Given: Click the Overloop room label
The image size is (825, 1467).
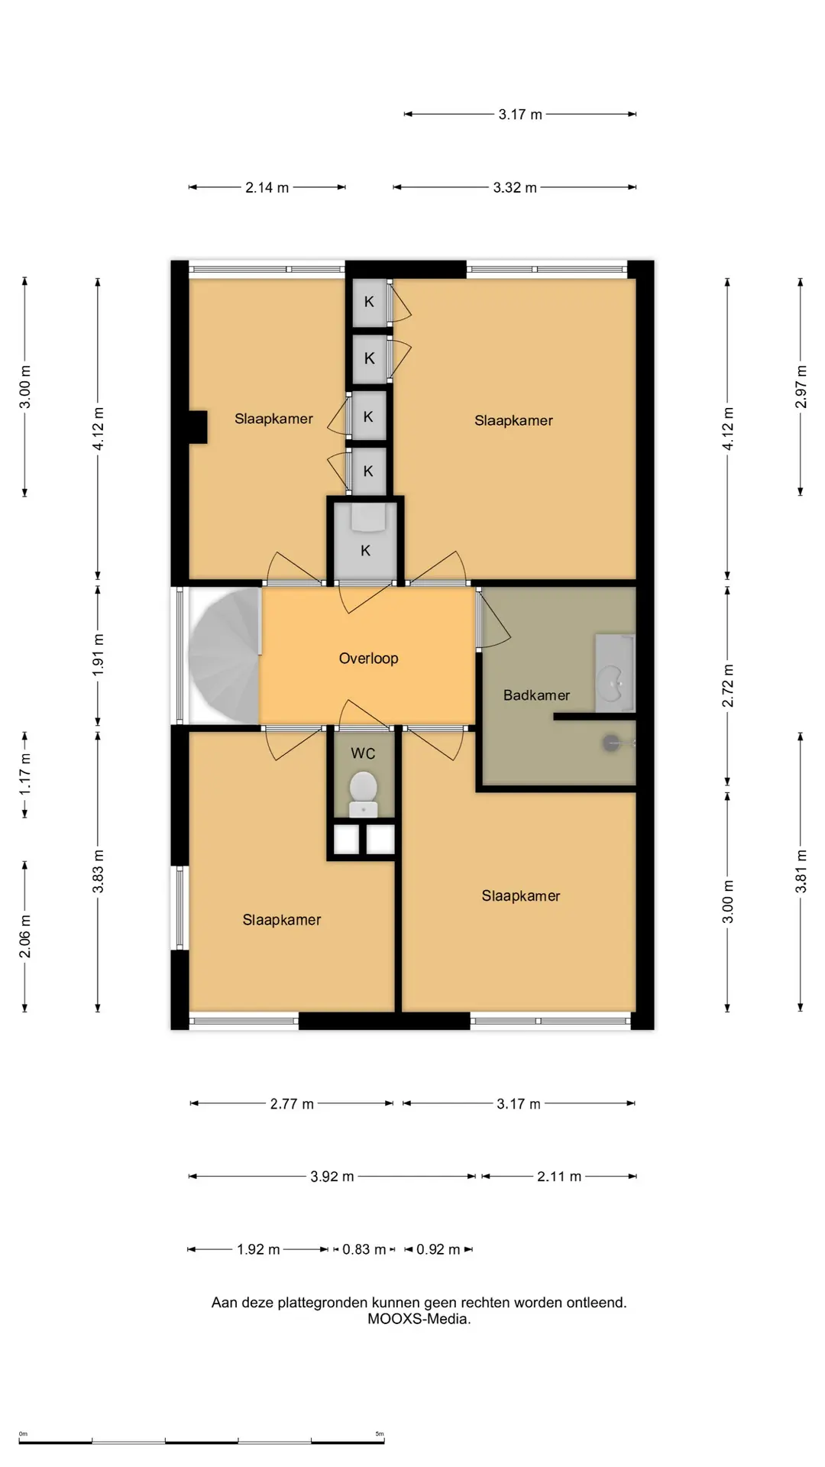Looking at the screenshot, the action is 368,659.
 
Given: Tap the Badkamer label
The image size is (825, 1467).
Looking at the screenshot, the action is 536,695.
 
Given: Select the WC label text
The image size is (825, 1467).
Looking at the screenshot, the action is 363,753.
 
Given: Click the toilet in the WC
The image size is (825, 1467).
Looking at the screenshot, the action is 364,794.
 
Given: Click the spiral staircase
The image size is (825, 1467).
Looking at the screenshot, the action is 225,655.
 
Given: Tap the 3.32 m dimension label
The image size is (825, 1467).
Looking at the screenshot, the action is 515,188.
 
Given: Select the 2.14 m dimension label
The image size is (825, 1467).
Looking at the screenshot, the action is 267,188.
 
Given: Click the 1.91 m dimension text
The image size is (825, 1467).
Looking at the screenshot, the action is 98,655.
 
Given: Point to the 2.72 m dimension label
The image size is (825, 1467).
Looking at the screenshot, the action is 727,686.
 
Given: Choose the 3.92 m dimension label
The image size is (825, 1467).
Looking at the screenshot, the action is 332,1177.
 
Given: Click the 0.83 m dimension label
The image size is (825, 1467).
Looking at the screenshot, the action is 364,1250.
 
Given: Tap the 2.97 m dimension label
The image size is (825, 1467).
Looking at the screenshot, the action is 801,387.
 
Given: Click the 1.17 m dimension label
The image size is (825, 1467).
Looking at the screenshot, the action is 24,774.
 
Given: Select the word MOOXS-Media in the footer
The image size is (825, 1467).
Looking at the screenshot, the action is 419,1319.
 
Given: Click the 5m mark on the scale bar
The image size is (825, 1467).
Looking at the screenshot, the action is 380,1434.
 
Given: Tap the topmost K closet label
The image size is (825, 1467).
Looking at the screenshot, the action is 369,302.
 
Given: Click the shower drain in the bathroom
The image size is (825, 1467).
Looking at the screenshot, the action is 611,742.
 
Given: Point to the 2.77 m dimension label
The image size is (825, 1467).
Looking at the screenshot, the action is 292,1104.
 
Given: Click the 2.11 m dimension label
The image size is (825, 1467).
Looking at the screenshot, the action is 559,1177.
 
